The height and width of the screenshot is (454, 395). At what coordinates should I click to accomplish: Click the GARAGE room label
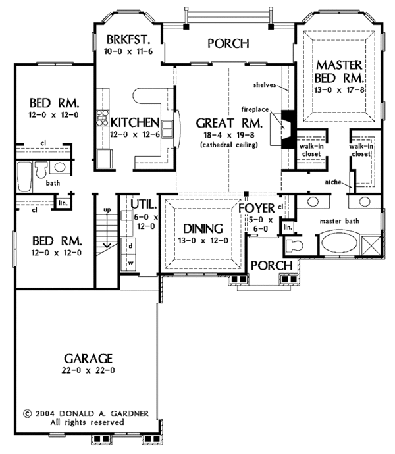pos(90,359)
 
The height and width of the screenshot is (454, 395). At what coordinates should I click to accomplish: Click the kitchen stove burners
pos(102,118)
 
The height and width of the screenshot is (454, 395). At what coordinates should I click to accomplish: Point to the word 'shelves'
pos(267,86)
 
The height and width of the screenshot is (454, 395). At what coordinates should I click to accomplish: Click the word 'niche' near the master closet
pos(332,182)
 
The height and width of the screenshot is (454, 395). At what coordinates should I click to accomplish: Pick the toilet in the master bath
pos(294,247)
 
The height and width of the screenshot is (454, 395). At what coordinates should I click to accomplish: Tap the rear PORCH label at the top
pos(228,44)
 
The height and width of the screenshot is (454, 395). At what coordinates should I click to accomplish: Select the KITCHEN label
pos(134,122)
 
